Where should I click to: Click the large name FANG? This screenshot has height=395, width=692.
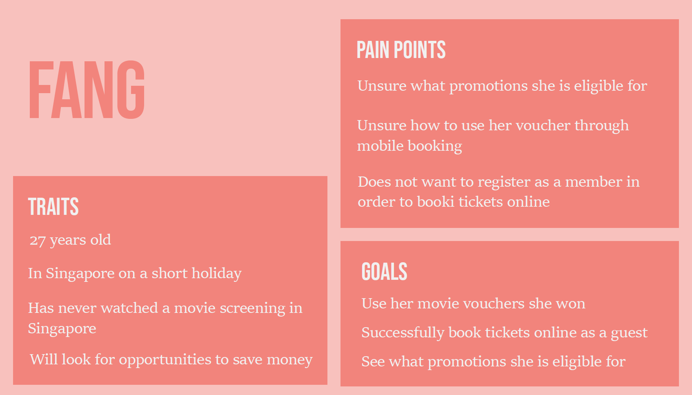click(x=87, y=89)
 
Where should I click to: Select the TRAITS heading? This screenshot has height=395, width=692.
click(x=53, y=206)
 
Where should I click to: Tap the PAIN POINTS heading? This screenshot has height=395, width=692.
click(x=401, y=49)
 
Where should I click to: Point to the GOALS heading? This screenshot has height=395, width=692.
click(x=384, y=271)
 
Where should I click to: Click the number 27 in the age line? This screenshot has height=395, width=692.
click(x=38, y=241)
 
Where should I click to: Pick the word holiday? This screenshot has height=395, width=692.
click(x=216, y=274)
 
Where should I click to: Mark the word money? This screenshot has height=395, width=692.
click(x=289, y=360)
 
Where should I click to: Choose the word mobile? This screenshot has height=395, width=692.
click(x=380, y=145)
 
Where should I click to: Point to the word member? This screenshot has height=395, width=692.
click(x=594, y=182)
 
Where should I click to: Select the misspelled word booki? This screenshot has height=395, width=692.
click(x=436, y=202)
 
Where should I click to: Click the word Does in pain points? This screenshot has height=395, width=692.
click(x=374, y=182)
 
